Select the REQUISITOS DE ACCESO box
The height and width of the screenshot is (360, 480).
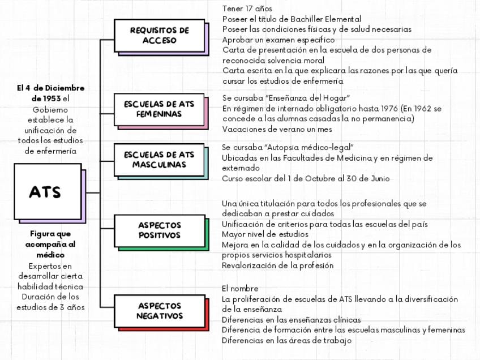pyautogui.click(x=159, y=35)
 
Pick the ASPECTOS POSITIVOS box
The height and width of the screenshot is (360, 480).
pyautogui.click(x=159, y=230)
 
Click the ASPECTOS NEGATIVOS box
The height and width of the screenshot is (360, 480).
pyautogui.click(x=159, y=311)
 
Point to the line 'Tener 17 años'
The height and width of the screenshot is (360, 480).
pyautogui.click(x=247, y=8)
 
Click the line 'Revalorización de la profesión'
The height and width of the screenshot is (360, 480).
pyautogui.click(x=277, y=265)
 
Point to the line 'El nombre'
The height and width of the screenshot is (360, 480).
pyautogui.click(x=240, y=289)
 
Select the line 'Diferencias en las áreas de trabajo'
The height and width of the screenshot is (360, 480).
pyautogui.click(x=286, y=340)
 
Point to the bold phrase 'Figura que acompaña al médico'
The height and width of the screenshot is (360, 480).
pyautogui.click(x=50, y=244)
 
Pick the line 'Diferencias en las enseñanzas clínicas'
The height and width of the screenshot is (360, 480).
pyautogui.click(x=291, y=320)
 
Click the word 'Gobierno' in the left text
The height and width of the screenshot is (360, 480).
pyautogui.click(x=50, y=109)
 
